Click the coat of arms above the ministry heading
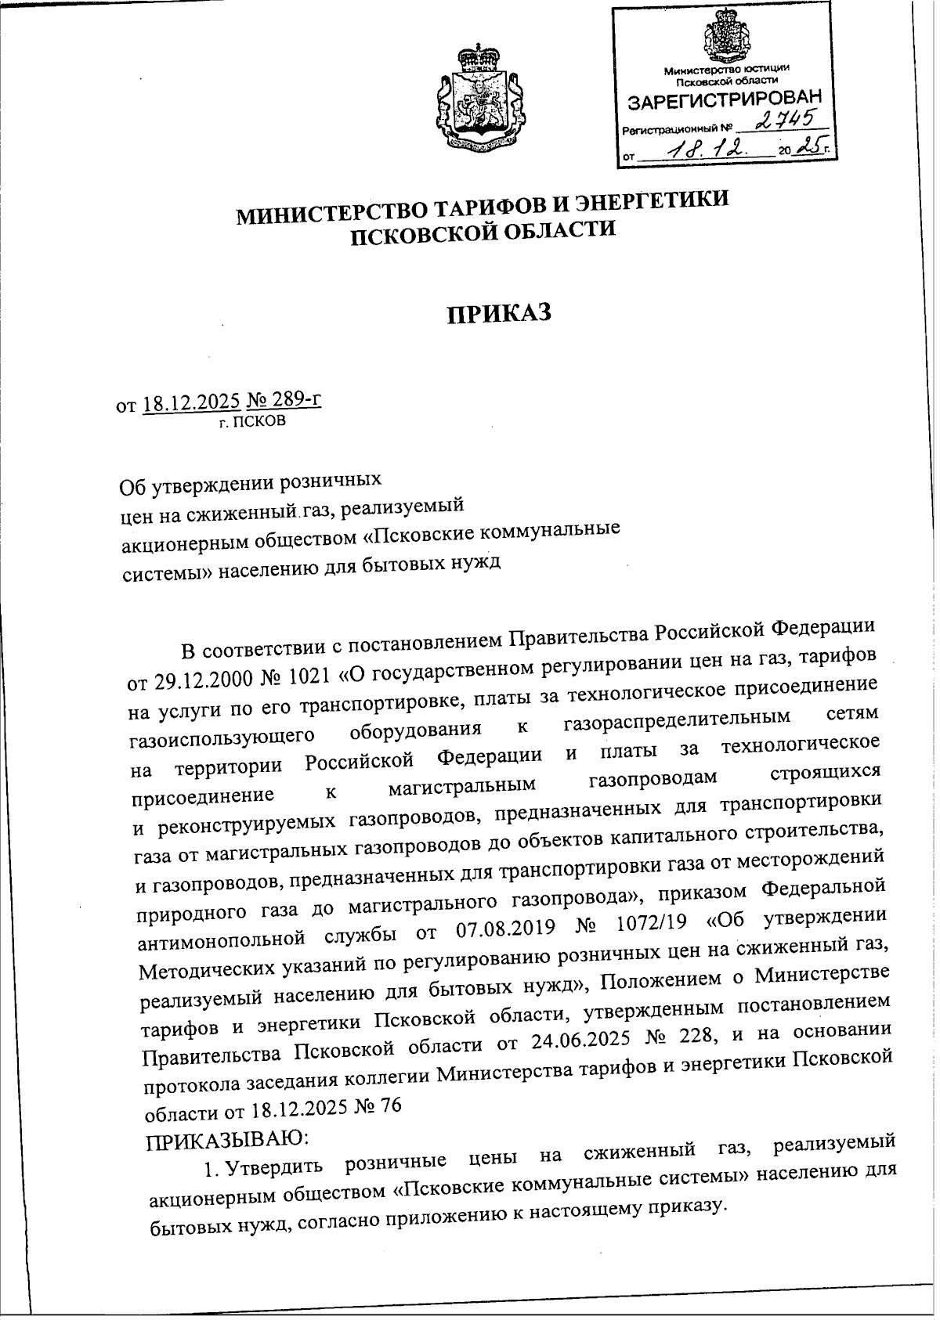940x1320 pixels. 477,100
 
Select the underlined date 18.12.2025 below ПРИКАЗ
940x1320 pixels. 191,405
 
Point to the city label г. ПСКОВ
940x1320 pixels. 252,423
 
